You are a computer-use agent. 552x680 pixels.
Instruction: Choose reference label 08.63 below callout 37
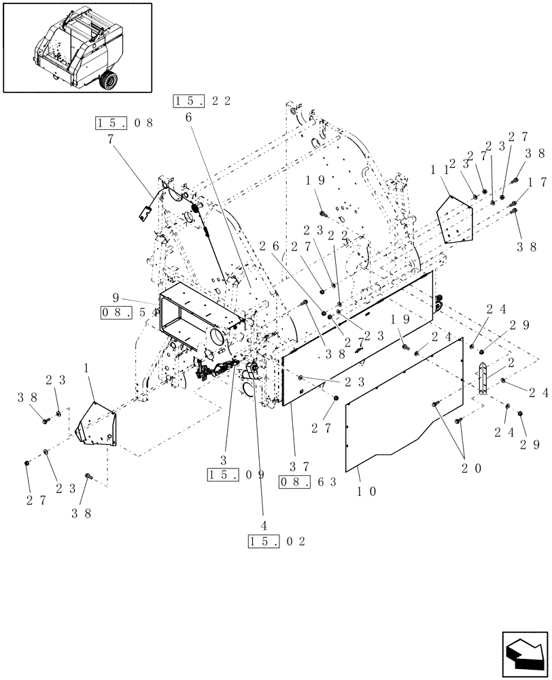click(308, 482)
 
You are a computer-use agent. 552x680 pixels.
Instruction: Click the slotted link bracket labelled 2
click(483, 378)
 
